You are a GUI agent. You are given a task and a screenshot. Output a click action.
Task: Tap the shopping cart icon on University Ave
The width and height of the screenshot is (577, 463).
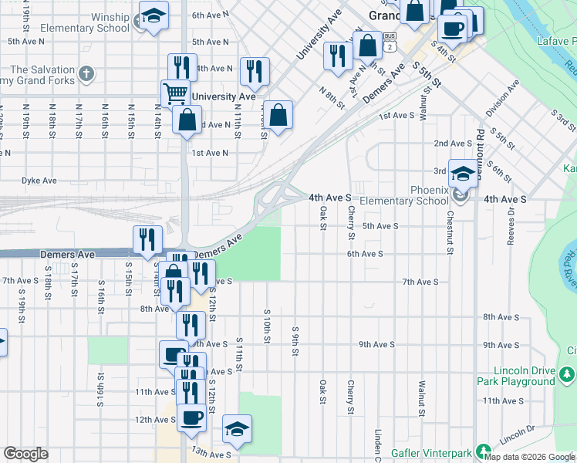pos(176,93)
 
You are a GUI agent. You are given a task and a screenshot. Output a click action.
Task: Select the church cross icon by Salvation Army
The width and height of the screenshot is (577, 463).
pos(86,75)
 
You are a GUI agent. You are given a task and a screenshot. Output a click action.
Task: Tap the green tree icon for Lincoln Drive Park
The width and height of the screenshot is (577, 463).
pos(568,374)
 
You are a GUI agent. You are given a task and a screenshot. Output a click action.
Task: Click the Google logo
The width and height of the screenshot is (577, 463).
pos(25,454)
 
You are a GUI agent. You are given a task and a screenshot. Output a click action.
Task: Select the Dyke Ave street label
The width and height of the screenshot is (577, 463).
pos(39,181)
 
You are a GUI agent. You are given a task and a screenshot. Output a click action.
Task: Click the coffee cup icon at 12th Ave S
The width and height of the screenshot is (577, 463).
pos(191,418)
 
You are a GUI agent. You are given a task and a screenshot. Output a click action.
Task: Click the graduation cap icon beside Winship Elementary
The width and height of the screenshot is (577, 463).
pos(153,16)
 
